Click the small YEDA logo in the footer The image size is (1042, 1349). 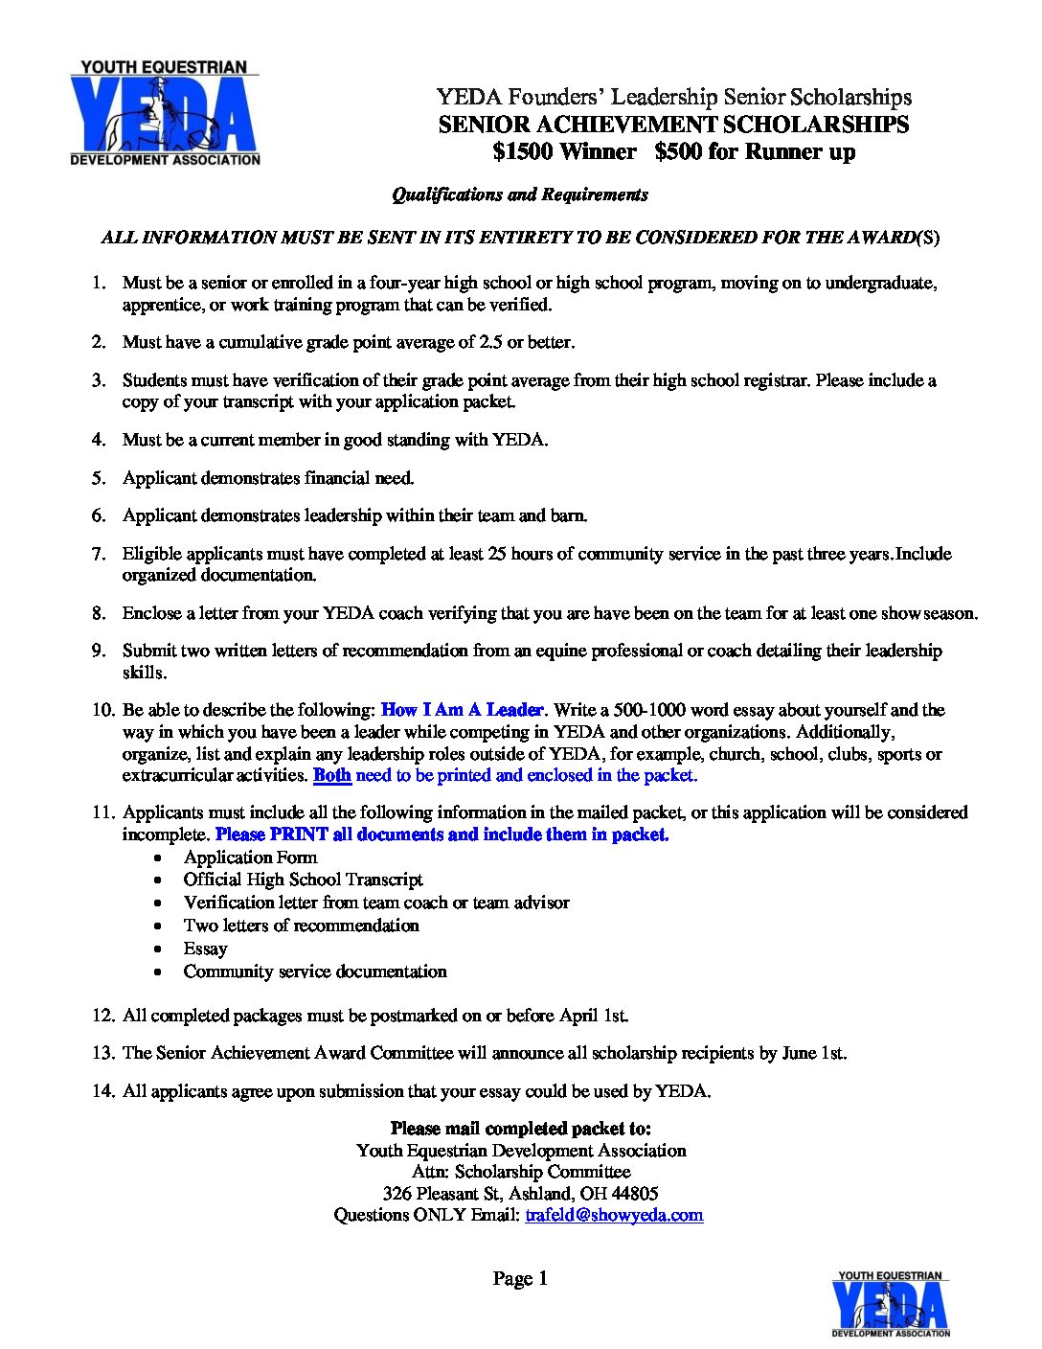click(890, 1303)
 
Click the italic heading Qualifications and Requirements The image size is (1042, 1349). click(520, 194)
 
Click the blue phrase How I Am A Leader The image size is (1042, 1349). click(463, 710)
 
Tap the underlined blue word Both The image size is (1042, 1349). click(331, 775)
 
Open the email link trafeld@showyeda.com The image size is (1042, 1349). click(614, 1215)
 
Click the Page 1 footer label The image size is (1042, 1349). click(520, 1278)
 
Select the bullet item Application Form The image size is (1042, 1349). click(250, 857)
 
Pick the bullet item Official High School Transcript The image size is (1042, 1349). click(303, 880)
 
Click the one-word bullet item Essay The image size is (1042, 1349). click(205, 949)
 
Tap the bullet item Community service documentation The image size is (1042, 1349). click(315, 972)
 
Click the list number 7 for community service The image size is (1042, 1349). click(99, 554)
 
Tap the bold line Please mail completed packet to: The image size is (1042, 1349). click(520, 1129)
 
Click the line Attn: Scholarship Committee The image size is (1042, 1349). click(521, 1172)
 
